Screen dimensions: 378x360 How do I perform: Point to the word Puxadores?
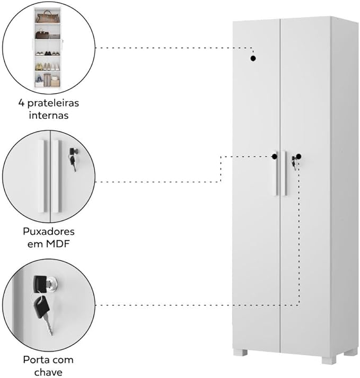click(x=48, y=232)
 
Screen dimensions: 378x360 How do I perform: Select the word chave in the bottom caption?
click(x=48, y=372)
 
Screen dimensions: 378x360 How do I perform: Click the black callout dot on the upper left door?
click(x=253, y=58)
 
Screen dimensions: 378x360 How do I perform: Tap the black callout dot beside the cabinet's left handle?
click(x=275, y=156)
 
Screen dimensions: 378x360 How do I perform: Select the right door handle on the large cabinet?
click(x=285, y=174)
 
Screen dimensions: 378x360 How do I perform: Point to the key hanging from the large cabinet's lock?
click(x=294, y=164)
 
